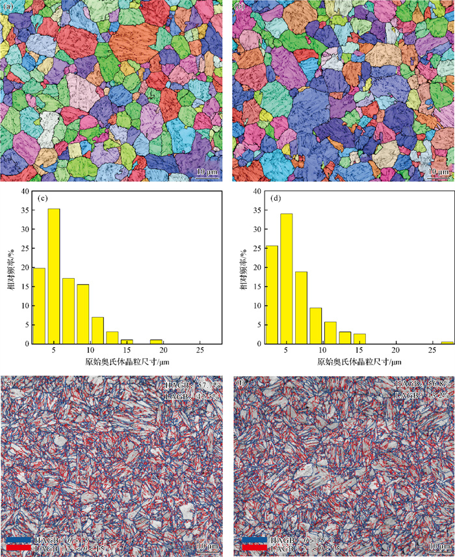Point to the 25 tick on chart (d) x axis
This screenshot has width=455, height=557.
coord(426,350)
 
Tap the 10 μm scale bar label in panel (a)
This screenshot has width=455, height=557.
coord(207,172)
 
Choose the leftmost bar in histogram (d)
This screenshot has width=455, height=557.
coord(271,294)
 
